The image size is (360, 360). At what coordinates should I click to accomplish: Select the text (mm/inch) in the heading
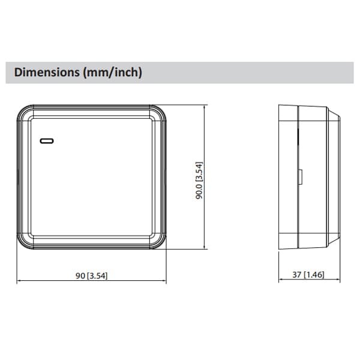click(x=114, y=73)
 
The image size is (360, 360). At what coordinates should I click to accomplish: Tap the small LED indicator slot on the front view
click(x=47, y=141)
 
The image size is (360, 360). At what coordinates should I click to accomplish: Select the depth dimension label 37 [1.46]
click(x=308, y=275)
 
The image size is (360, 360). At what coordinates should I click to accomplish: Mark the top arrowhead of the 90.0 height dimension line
click(x=207, y=107)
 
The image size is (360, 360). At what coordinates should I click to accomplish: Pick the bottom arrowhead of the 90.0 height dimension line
click(x=207, y=247)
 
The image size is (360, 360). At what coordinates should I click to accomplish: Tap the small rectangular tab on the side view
click(x=300, y=177)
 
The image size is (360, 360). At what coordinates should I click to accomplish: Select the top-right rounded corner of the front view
click(x=161, y=112)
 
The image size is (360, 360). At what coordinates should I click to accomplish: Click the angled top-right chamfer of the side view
click(x=334, y=114)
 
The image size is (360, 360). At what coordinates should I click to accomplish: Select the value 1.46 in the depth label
click(x=316, y=275)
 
